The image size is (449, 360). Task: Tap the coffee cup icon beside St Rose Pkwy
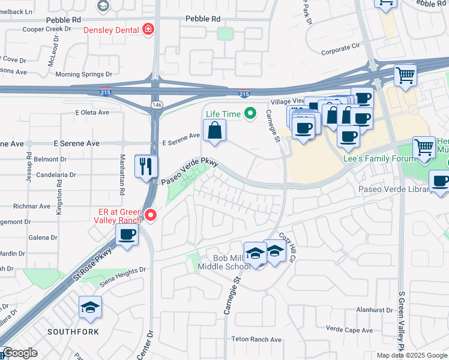[127, 235]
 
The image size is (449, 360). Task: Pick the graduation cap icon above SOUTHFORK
[90, 308]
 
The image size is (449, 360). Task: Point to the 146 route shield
[157, 104]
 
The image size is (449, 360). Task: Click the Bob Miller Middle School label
[222, 262]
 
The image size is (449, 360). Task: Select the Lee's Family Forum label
[379, 158]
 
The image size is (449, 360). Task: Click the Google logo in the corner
[20, 353]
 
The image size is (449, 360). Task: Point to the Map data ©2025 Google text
[412, 355]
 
